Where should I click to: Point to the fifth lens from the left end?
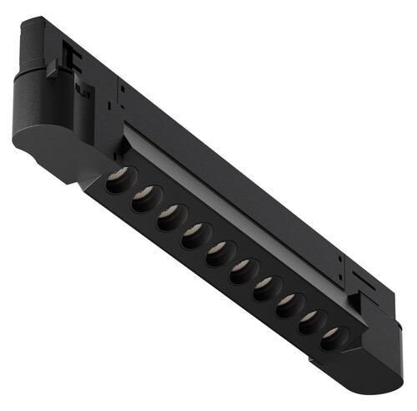click(x=219, y=251)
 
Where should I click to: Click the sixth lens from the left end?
click(x=243, y=270)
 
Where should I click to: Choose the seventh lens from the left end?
click(x=266, y=287)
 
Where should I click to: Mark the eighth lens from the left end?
click(x=288, y=304)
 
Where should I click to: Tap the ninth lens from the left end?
click(x=309, y=321)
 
